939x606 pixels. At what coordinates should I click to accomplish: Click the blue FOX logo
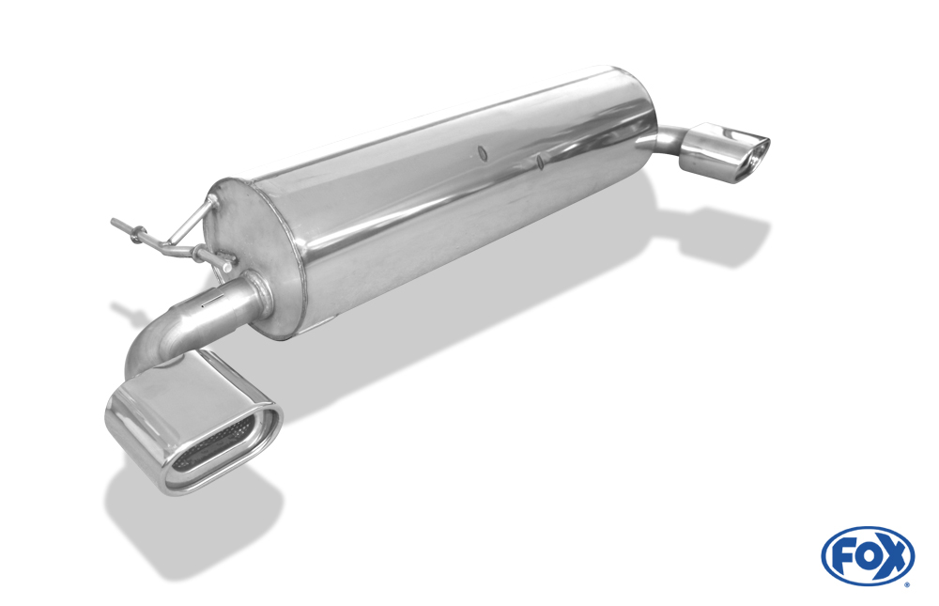coord(868,555)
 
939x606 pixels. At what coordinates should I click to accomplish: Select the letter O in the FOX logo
coord(866,555)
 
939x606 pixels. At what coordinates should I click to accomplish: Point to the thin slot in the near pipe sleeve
coord(208,304)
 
